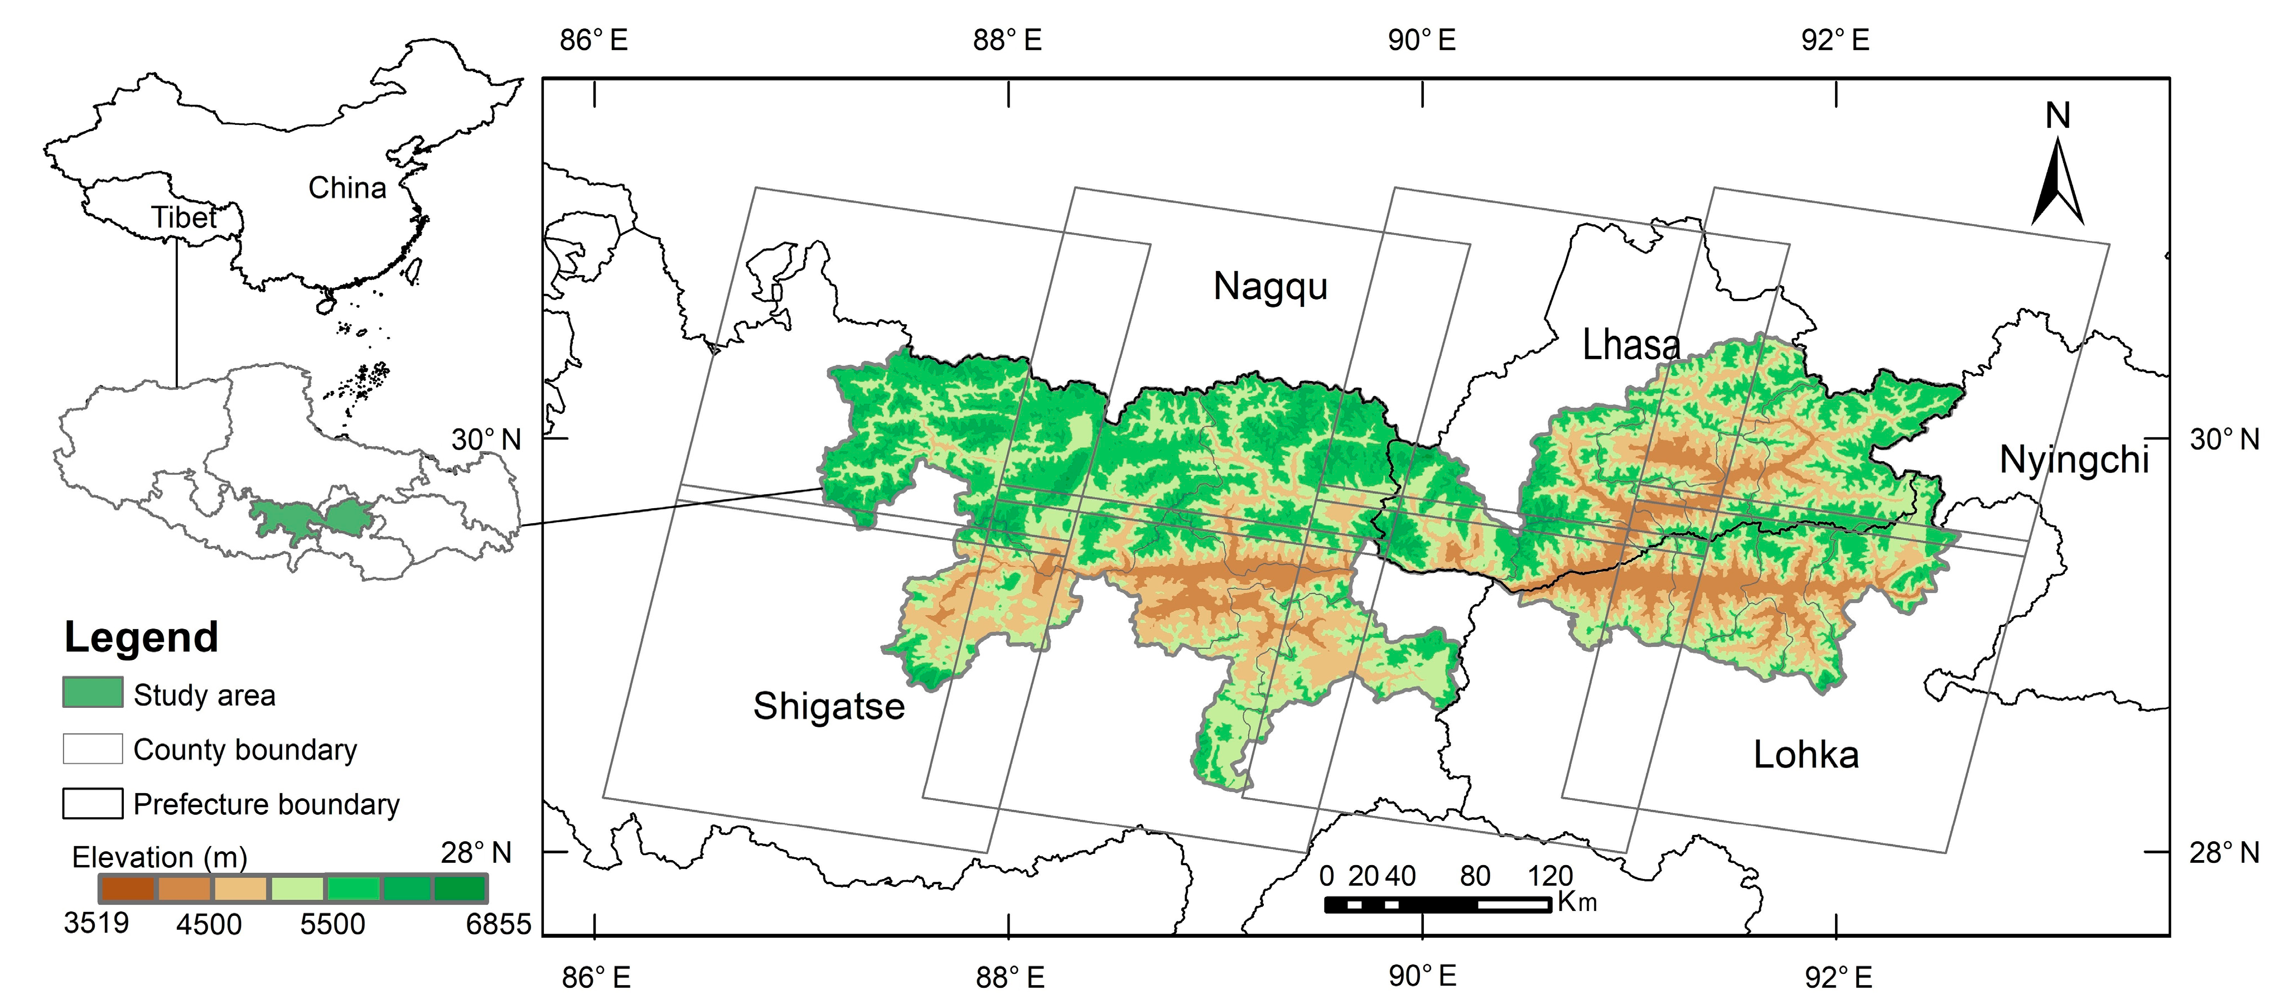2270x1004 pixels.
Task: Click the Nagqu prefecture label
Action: [1270, 287]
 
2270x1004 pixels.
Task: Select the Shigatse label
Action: [828, 707]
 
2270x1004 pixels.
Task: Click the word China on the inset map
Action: [347, 188]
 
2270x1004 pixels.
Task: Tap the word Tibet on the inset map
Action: [183, 218]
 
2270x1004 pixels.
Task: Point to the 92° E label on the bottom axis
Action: [1837, 977]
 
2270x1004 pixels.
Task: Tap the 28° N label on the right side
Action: [2224, 852]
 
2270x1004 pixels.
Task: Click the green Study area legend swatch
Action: [93, 693]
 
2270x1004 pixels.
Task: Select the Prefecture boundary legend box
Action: [93, 803]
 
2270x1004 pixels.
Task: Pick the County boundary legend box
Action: [93, 749]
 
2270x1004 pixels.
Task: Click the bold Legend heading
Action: [141, 638]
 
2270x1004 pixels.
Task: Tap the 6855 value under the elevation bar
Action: [499, 924]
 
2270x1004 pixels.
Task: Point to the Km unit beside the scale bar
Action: [1577, 902]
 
